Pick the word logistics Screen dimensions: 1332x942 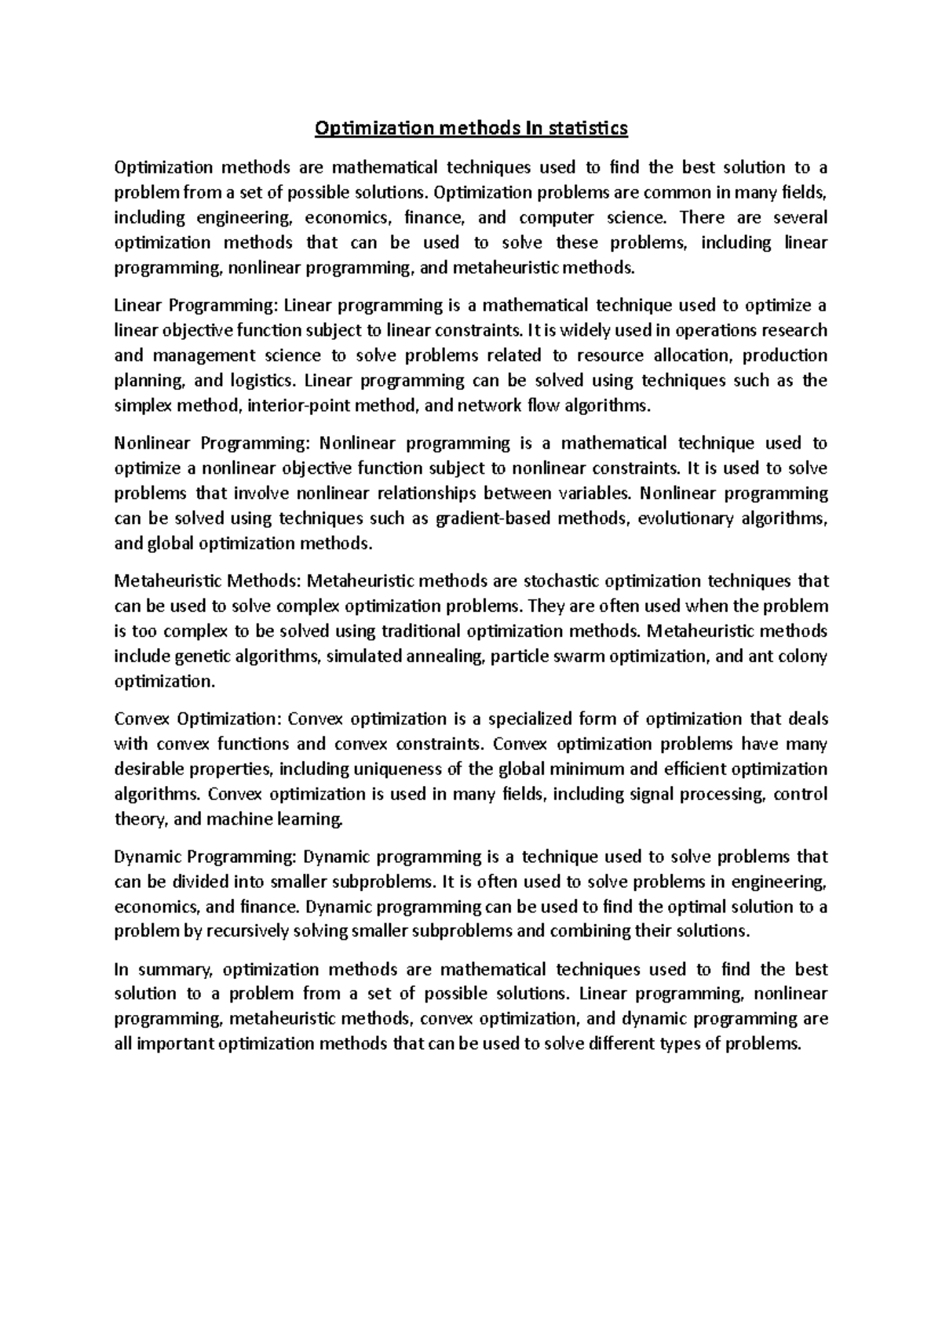pyautogui.click(x=265, y=380)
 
